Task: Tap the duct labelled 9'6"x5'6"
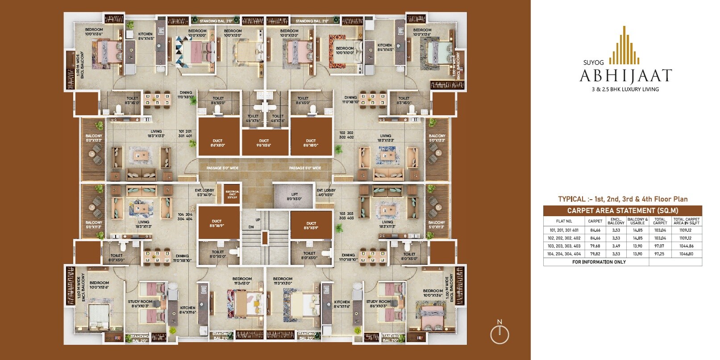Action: [x=264, y=142]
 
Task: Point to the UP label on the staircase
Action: [x=258, y=220]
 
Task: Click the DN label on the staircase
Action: [x=251, y=227]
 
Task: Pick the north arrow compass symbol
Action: [x=499, y=333]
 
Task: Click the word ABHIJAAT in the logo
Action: [x=625, y=76]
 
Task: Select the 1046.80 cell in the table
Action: [x=687, y=254]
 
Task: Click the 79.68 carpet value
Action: [x=595, y=246]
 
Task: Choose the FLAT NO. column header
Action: [x=564, y=221]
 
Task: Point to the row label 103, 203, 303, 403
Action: [x=564, y=246]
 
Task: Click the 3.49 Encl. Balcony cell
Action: [x=616, y=246]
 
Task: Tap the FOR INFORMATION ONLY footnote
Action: [x=599, y=262]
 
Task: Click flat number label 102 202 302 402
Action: [x=346, y=135]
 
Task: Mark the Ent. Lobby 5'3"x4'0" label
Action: [x=204, y=193]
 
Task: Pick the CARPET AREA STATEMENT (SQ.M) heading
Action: [x=622, y=210]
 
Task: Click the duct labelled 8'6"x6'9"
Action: [x=217, y=223]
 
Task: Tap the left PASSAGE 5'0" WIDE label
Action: [x=222, y=168]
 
